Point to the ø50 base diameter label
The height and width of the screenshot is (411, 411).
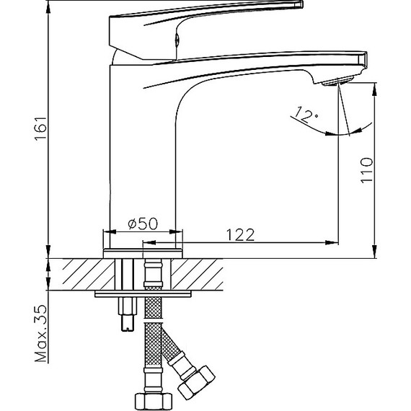click(142, 224)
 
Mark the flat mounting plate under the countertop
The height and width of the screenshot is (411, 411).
click(143, 293)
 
